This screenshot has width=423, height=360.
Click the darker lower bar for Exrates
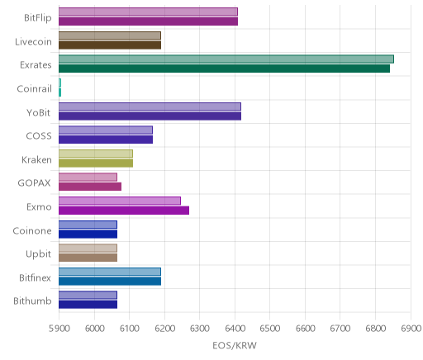pyautogui.click(x=224, y=69)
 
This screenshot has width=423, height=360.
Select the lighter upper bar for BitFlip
pyautogui.click(x=148, y=12)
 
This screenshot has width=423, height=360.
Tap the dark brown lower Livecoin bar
pyautogui.click(x=110, y=45)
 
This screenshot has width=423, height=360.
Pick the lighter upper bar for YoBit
pyautogui.click(x=150, y=107)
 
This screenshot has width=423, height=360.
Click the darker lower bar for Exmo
pyautogui.click(x=124, y=211)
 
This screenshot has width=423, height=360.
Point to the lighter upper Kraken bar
pyautogui.click(x=96, y=154)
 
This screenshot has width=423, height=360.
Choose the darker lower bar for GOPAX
pyautogui.click(x=90, y=187)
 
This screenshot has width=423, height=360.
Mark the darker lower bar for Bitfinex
pyautogui.click(x=110, y=282)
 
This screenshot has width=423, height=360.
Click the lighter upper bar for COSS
pyautogui.click(x=106, y=130)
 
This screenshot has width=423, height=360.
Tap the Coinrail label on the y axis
pyautogui.click(x=34, y=89)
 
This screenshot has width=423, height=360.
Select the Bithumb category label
pyautogui.click(x=32, y=301)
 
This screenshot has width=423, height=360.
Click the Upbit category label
pyautogui.click(x=38, y=254)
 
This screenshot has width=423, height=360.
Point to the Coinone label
pyautogui.click(x=32, y=230)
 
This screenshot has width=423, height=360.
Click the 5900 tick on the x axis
pyautogui.click(x=59, y=329)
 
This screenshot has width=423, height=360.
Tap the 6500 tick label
pyautogui.click(x=270, y=329)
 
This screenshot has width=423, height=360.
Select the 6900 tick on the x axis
pyautogui.click(x=411, y=329)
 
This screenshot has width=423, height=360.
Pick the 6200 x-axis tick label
pyautogui.click(x=164, y=329)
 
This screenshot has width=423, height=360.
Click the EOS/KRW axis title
pyautogui.click(x=235, y=345)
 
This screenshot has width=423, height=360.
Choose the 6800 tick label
pyautogui.click(x=376, y=329)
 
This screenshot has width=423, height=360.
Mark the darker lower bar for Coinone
pyautogui.click(x=88, y=234)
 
